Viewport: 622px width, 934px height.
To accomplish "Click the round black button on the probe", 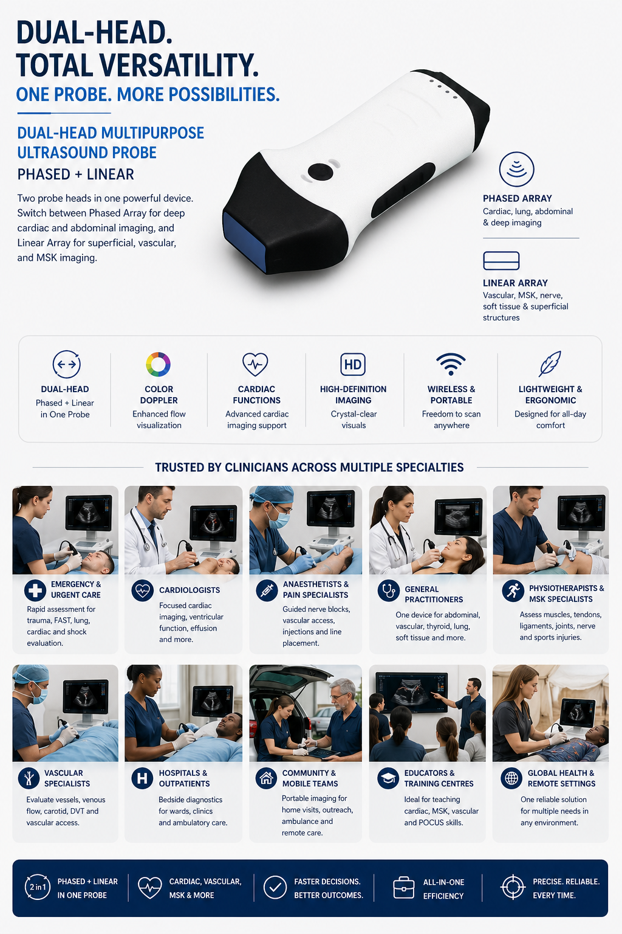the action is pos(320,172).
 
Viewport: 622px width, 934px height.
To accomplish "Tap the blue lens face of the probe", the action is pos(244,241).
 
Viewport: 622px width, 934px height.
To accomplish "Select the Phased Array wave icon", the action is pos(516,169).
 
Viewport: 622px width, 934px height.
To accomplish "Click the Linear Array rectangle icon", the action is pos(501,261).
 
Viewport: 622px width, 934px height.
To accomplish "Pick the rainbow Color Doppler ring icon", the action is pos(159,364).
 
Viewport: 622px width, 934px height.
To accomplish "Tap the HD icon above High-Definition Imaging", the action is pos(353,364).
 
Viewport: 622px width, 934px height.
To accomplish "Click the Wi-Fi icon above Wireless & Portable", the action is pos(451,364).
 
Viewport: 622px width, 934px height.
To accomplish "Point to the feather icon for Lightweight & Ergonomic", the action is pos(550,364).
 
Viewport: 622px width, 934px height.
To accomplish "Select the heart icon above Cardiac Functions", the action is pos(255,364).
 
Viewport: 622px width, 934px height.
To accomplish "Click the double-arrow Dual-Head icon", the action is pos(67,364).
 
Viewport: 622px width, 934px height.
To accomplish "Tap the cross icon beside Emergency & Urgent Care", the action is pos(35,590).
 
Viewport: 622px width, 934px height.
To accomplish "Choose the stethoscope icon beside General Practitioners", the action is pos(389,591).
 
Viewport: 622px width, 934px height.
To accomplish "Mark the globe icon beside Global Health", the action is pos(511,778).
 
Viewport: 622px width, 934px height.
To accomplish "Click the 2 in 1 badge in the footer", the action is pos(38,887).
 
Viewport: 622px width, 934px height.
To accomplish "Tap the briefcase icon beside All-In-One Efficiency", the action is pos(404,887).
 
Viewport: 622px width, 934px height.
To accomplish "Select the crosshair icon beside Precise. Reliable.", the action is pos(513,887).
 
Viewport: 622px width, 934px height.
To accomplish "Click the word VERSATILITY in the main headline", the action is pos(179,65).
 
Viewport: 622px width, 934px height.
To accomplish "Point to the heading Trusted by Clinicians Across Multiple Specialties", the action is pos(310,468).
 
